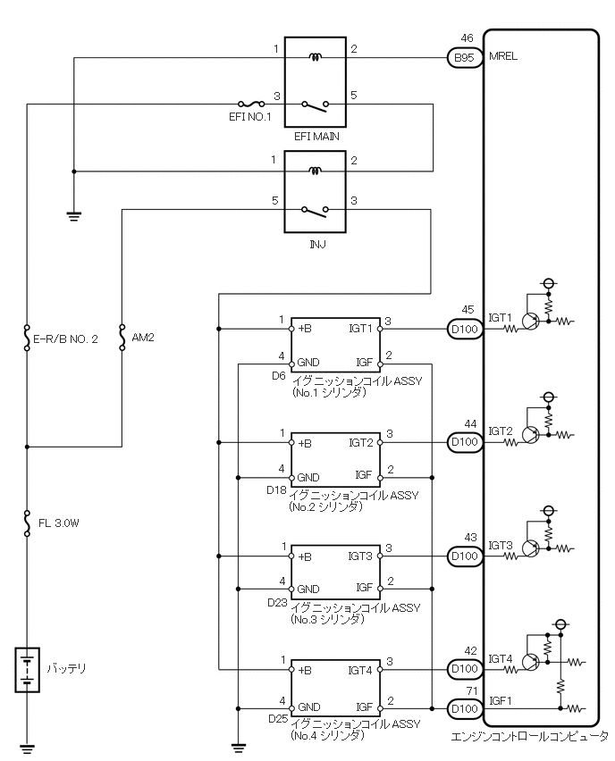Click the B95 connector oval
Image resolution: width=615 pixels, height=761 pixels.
(x=464, y=58)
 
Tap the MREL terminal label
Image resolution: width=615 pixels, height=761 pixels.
(x=503, y=56)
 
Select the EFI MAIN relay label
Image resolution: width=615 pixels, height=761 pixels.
(x=314, y=138)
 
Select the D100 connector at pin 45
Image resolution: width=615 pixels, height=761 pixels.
(x=464, y=330)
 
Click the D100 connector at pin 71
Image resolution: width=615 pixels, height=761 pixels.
(x=464, y=709)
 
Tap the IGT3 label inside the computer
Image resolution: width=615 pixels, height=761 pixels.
(x=501, y=545)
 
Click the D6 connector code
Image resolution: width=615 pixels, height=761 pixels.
(x=278, y=376)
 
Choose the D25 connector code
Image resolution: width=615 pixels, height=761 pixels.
(x=278, y=718)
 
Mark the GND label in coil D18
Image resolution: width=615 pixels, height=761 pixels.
(x=308, y=476)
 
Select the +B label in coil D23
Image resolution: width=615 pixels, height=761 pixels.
(x=305, y=556)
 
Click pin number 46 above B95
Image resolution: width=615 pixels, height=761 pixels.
(x=467, y=38)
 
